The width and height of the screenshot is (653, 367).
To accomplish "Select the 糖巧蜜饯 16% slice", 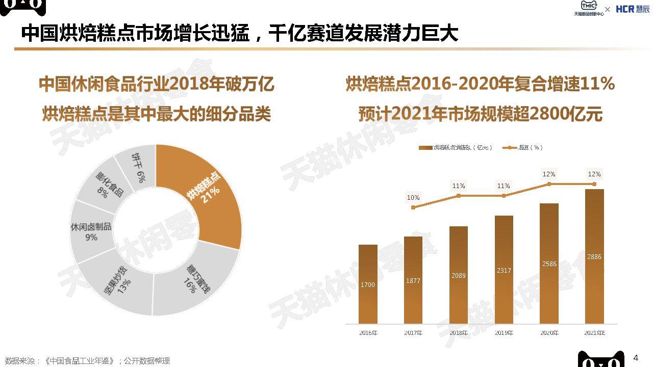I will [196, 280].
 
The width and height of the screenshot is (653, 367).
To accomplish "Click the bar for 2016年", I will [368, 284].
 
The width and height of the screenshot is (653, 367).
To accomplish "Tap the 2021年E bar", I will [594, 256].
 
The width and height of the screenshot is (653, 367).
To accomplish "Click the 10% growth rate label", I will [413, 197].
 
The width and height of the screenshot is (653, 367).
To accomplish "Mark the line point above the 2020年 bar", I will [549, 183].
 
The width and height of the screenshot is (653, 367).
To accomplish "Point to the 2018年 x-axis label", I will [458, 333].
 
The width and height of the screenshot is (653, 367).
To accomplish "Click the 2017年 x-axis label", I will [413, 333].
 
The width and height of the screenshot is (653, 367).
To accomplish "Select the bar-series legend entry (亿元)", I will [455, 147].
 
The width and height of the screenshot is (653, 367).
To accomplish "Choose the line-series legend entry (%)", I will [522, 147].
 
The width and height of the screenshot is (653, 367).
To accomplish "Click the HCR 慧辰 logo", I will [633, 9].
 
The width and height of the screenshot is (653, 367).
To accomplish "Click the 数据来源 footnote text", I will [87, 361].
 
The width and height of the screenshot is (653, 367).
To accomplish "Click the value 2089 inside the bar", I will [458, 275].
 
